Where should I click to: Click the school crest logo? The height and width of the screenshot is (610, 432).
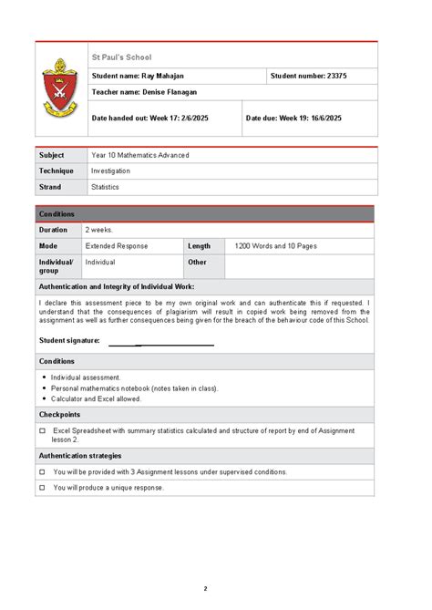60,90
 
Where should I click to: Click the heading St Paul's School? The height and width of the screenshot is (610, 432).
121,57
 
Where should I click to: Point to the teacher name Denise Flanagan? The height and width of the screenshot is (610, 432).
144,92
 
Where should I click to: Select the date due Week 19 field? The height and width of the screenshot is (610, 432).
293,118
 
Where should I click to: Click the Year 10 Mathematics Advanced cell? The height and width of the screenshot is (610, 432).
140,155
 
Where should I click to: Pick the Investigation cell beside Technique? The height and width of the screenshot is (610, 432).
110,171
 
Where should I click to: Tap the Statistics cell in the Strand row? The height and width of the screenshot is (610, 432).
105,187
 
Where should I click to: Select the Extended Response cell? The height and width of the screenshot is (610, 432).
117,246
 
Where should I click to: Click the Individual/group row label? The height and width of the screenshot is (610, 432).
56,265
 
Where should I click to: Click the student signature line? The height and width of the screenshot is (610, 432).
161,345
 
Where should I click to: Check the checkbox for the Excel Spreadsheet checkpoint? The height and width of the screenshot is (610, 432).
43,430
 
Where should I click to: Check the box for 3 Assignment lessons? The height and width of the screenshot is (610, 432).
43,472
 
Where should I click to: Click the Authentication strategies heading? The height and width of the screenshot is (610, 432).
79,456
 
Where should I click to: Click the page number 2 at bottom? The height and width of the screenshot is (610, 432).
205,588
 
